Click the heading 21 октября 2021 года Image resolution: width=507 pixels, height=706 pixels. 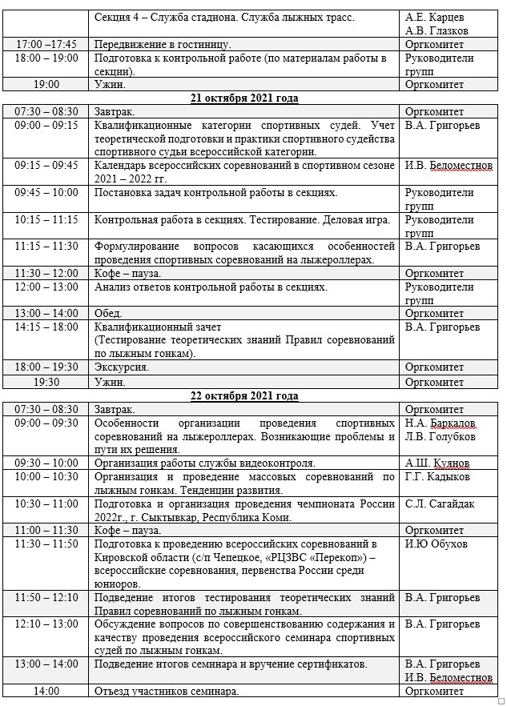pyautogui.click(x=244, y=98)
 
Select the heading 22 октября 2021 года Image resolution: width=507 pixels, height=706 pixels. pyautogui.click(x=244, y=395)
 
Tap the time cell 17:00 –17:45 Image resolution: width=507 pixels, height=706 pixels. pyautogui.click(x=46, y=44)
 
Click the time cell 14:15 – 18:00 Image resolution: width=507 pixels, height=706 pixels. pyautogui.click(x=46, y=327)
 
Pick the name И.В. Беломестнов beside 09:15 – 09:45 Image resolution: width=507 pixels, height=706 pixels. pyautogui.click(x=449, y=165)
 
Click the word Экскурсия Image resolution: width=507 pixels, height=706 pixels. pyautogui.click(x=121, y=367)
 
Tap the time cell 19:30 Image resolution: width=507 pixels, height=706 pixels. pyautogui.click(x=46, y=382)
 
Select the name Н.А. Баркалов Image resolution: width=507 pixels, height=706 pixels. pyautogui.click(x=441, y=423)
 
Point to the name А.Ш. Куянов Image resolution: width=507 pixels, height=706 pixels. pyautogui.click(x=437, y=463)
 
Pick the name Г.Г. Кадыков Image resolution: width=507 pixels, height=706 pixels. pyautogui.click(x=437, y=477)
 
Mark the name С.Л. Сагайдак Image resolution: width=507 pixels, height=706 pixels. pyautogui.click(x=440, y=504)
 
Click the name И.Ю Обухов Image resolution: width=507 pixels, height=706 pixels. pyautogui.click(x=437, y=544)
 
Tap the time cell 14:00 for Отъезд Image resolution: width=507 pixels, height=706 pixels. pyautogui.click(x=46, y=691)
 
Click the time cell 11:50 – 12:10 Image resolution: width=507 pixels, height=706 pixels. pyautogui.click(x=46, y=597)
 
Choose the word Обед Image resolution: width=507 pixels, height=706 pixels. pyautogui.click(x=108, y=313)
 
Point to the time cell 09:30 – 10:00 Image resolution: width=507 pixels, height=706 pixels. pyautogui.click(x=46, y=463)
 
